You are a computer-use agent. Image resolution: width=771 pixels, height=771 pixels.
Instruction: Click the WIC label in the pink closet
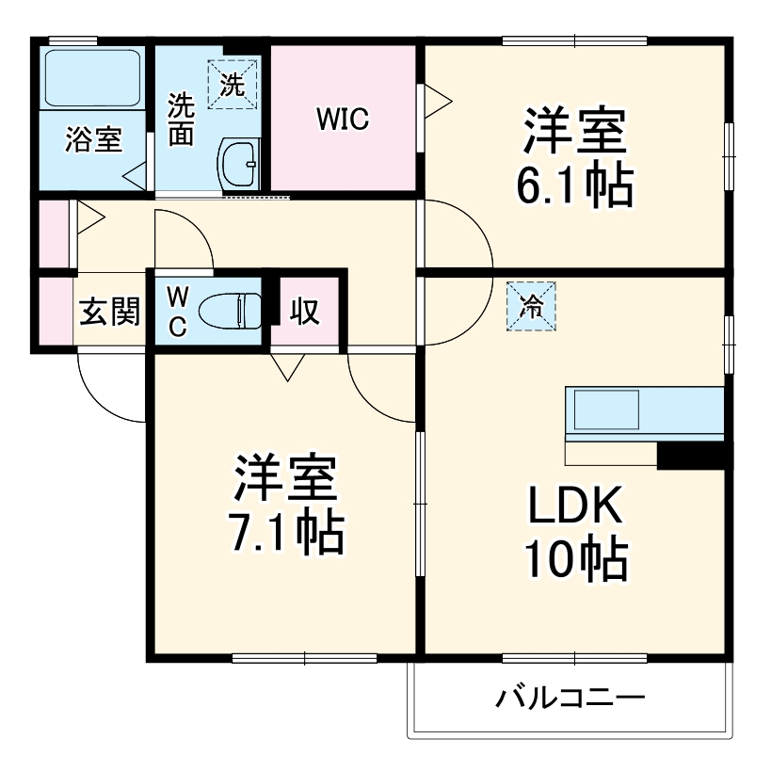tap(342, 120)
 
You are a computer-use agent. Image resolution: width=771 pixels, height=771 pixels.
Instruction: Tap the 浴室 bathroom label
tap(92, 142)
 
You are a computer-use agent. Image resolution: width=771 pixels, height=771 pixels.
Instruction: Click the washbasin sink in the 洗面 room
tap(239, 164)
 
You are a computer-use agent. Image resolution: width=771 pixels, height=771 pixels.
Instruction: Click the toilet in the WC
tap(231, 310)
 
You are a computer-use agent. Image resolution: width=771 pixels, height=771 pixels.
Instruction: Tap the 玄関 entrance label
tap(107, 312)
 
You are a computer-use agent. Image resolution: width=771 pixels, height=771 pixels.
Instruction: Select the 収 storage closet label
tap(304, 312)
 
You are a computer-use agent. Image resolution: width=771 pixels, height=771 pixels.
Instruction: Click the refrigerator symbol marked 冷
tap(532, 306)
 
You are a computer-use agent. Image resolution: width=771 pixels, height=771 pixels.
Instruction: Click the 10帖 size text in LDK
tap(575, 562)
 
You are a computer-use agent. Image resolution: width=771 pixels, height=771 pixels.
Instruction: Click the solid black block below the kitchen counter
tap(691, 456)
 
